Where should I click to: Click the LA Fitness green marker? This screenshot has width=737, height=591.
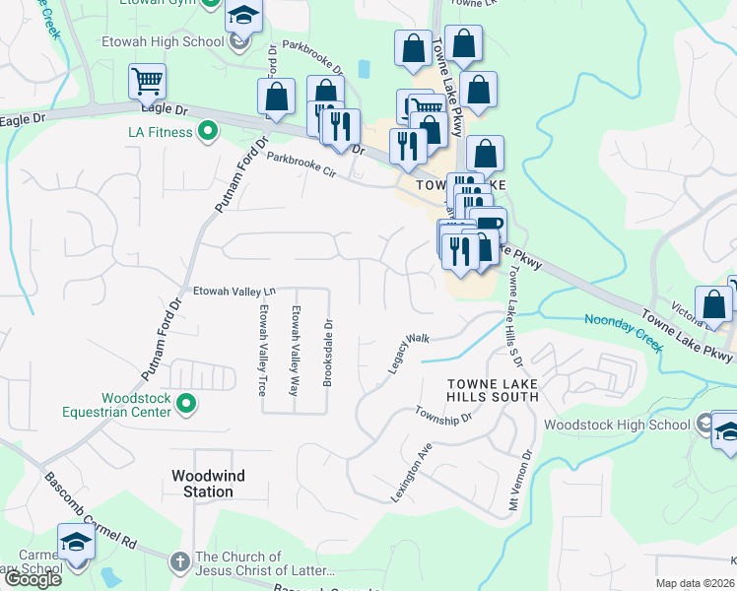pyautogui.click(x=208, y=130)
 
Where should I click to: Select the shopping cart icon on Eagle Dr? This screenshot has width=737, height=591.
pyautogui.click(x=147, y=82)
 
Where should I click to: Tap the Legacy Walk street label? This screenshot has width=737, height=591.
pyautogui.click(x=409, y=352)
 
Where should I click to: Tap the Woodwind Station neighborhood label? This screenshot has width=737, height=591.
pyautogui.click(x=208, y=483)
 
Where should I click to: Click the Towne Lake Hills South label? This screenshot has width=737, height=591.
pyautogui.click(x=493, y=390)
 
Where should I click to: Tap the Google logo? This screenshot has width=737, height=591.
pyautogui.click(x=32, y=579)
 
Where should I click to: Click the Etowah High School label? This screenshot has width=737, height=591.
pyautogui.click(x=163, y=42)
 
